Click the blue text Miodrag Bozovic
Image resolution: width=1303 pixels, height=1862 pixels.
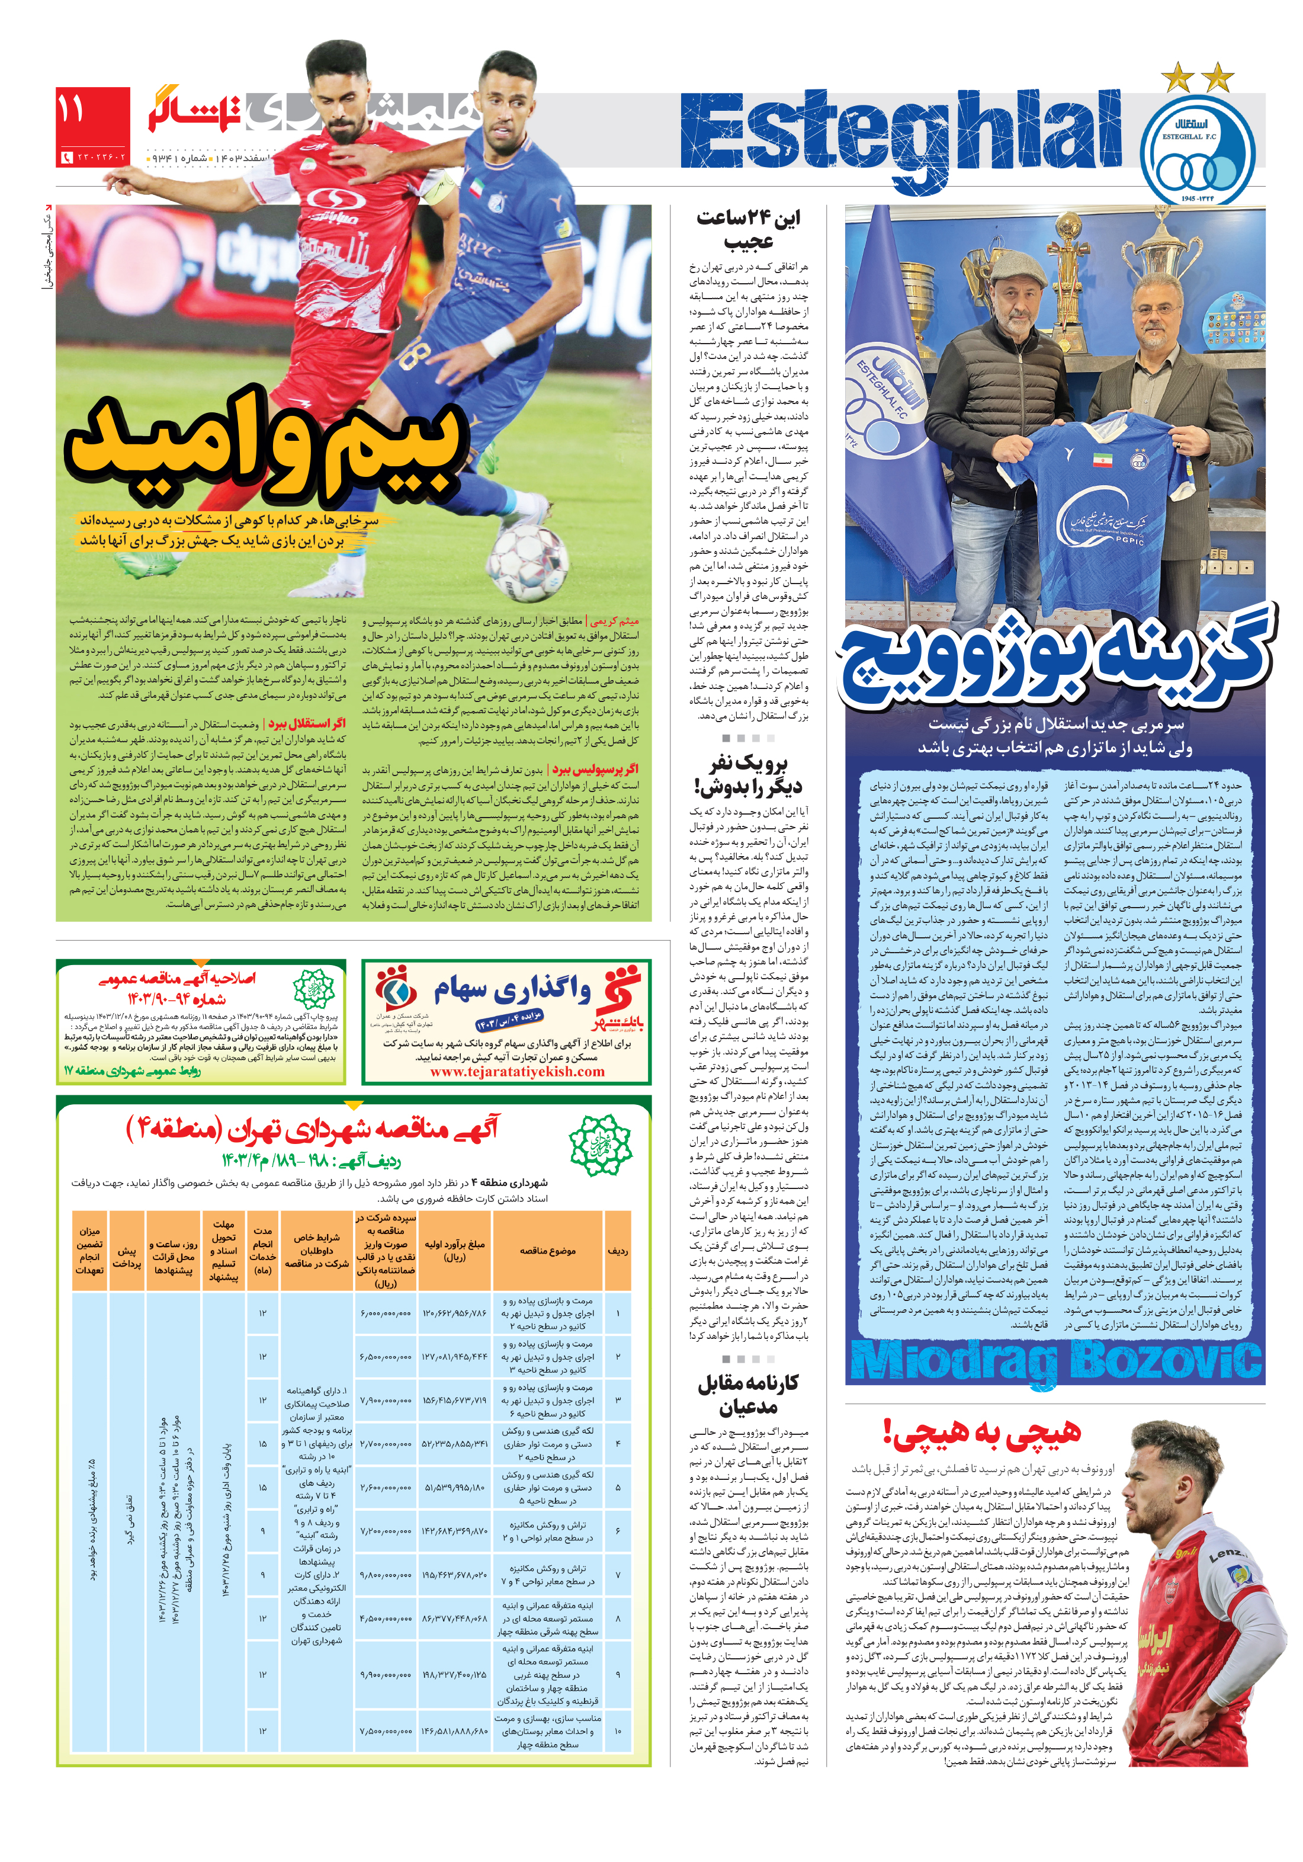(1055, 1361)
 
